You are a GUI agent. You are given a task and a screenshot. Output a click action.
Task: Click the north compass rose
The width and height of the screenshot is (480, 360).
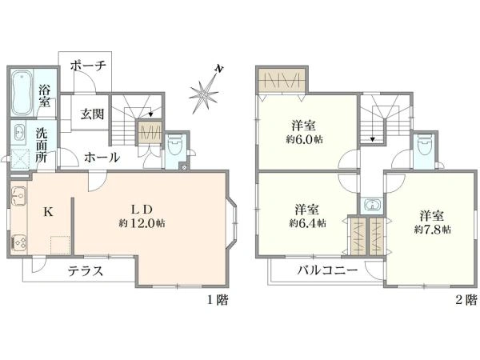pos(205,94)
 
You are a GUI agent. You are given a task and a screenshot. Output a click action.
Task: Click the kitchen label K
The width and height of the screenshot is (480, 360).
pos(48,212)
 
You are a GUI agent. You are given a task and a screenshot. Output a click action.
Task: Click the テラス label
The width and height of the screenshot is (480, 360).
pos(86,270)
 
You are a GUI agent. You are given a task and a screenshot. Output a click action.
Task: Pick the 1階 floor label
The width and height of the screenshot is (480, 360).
pos(218,301)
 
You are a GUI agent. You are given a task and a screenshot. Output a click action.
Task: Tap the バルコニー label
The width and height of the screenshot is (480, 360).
pos(329,270)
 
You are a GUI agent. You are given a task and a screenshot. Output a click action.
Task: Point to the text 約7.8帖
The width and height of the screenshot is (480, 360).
pos(433,230)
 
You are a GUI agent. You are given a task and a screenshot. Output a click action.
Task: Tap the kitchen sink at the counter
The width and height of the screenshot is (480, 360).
pos(18,194)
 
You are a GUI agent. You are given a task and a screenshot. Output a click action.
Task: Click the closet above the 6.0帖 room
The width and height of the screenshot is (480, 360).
pos(279,80)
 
